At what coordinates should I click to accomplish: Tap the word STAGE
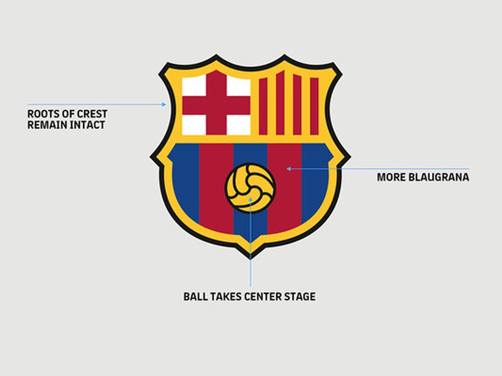pyautogui.click(x=300, y=297)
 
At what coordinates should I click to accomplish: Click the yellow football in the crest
pyautogui.click(x=250, y=188)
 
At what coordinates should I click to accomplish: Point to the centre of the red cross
pyautogui.click(x=216, y=105)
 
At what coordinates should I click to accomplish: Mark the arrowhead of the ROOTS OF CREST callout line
pyautogui.click(x=164, y=104)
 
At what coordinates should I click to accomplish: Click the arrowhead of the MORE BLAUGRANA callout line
pyautogui.click(x=288, y=169)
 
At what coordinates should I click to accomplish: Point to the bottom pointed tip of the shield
pyautogui.click(x=250, y=255)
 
